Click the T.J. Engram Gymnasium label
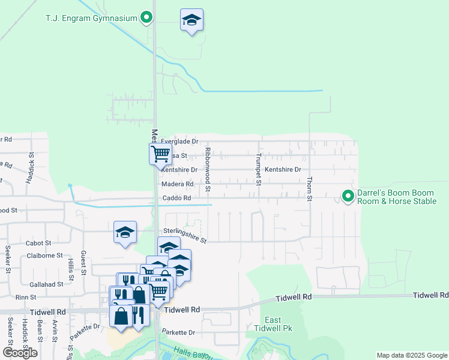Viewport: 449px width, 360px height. [x=91, y=18]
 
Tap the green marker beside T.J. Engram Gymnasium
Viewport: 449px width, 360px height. [x=146, y=18]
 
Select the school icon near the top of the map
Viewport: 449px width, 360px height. [x=191, y=20]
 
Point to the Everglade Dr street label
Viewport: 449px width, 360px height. [x=179, y=141]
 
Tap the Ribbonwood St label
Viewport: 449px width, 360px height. [x=208, y=169]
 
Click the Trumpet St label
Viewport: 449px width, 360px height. [x=259, y=169]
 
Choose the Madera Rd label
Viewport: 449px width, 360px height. [x=177, y=184]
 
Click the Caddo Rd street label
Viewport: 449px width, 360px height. [x=176, y=198]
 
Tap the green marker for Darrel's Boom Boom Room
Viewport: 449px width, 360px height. [x=348, y=196]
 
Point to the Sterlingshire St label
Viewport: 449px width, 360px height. [x=185, y=235]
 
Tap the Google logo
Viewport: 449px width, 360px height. [x=20, y=353]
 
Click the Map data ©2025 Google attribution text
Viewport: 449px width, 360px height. [x=411, y=355]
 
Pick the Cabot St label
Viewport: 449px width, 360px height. [x=38, y=243]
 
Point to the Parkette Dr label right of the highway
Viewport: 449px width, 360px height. [x=179, y=332]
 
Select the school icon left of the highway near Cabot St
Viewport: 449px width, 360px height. [x=125, y=233]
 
